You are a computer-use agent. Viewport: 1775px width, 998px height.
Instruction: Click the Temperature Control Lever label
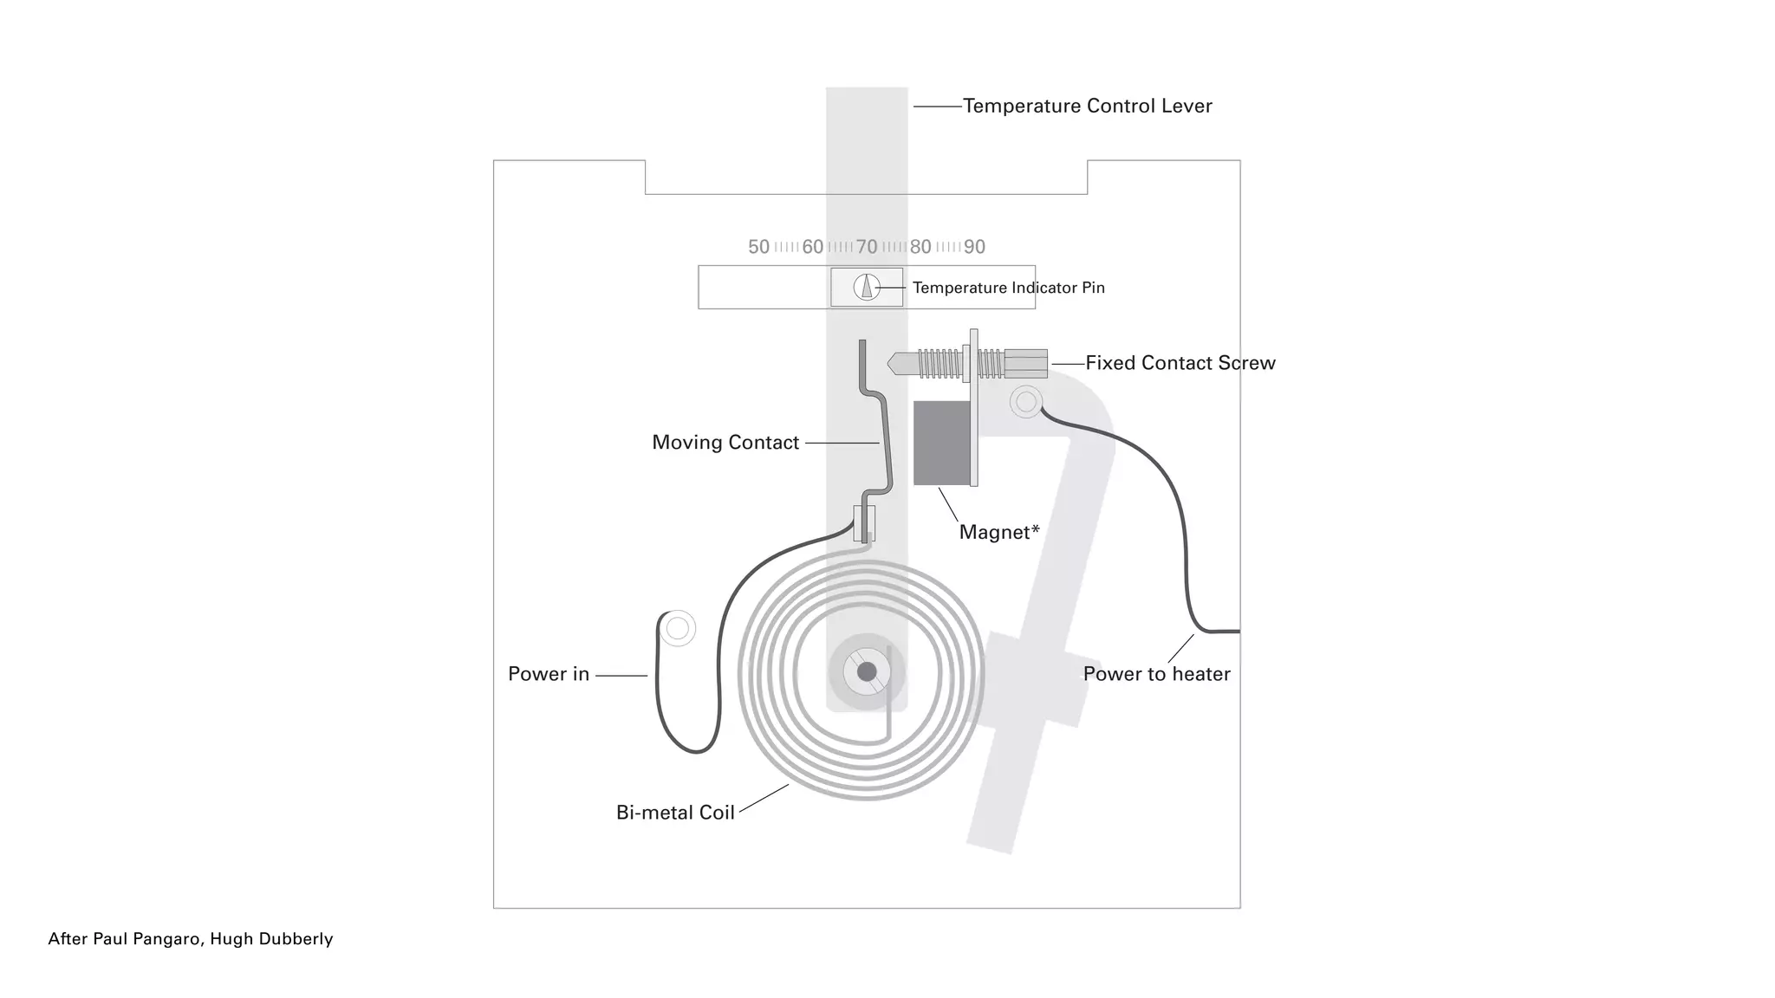(1087, 106)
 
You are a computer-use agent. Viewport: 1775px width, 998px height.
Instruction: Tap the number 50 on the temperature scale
(758, 247)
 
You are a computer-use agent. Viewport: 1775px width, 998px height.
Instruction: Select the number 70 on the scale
(867, 247)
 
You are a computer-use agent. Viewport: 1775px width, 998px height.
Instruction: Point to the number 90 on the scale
(974, 247)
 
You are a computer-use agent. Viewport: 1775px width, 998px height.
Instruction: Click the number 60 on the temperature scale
(812, 247)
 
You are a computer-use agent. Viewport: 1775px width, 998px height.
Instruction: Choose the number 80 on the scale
(920, 247)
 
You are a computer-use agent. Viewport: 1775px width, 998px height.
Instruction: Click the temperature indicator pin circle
(867, 287)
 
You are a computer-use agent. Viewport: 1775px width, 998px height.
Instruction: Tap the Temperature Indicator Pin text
(1008, 288)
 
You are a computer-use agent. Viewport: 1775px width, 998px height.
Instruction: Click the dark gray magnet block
(942, 443)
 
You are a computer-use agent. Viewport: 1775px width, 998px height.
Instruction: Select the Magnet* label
(998, 532)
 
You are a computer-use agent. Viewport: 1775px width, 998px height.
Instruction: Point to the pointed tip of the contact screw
(893, 364)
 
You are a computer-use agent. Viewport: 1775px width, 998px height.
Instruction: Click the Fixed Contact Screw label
(1180, 363)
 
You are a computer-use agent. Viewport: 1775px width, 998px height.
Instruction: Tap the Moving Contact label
(725, 443)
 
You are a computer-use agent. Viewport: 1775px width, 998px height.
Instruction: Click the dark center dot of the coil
(867, 671)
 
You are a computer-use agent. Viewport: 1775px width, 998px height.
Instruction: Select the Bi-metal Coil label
(675, 813)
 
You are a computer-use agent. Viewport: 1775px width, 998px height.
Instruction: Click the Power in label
(548, 674)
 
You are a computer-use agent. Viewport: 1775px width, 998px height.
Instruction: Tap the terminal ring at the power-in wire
(678, 628)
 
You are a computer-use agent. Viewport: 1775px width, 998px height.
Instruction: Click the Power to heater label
(1156, 674)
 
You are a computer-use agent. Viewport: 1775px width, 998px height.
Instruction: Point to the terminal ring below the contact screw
(1026, 402)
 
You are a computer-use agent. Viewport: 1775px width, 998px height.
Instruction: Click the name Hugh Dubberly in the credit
(271, 939)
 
